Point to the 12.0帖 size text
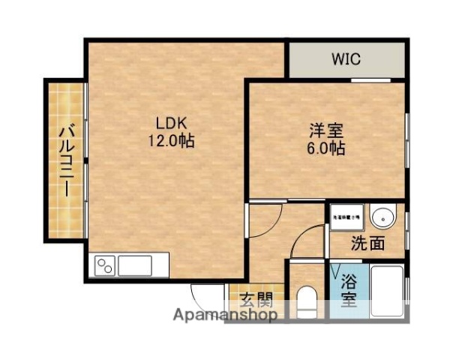[170, 140]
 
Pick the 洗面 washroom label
[367, 243]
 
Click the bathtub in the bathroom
[387, 294]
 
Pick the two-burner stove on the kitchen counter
[104, 266]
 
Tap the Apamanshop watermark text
[226, 315]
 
